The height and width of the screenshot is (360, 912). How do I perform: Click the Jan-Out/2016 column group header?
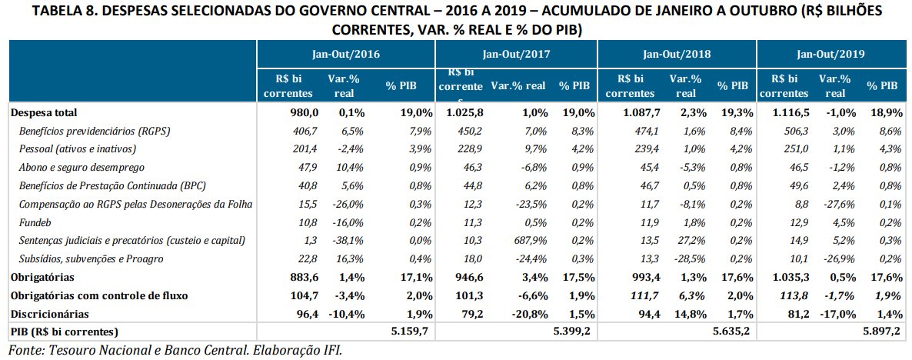[346, 55]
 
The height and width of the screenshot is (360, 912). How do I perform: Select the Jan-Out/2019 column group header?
[831, 55]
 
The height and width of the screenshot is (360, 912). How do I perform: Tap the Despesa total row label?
[44, 113]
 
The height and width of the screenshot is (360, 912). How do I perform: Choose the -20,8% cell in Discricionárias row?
[527, 314]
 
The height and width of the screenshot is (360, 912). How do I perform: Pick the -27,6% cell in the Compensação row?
[836, 205]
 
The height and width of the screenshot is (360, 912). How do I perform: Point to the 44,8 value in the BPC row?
[471, 186]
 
